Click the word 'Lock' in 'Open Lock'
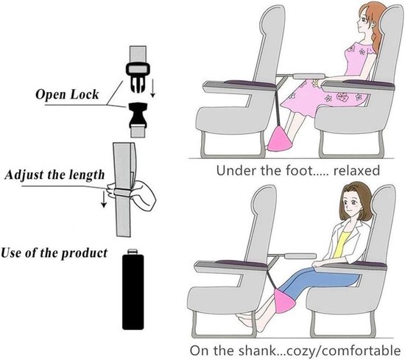point(85,94)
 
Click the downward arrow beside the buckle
point(153,88)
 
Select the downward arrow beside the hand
point(104,199)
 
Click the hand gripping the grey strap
point(134,193)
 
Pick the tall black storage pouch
point(133,290)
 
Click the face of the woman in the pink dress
point(364,23)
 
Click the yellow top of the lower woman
point(342,244)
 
